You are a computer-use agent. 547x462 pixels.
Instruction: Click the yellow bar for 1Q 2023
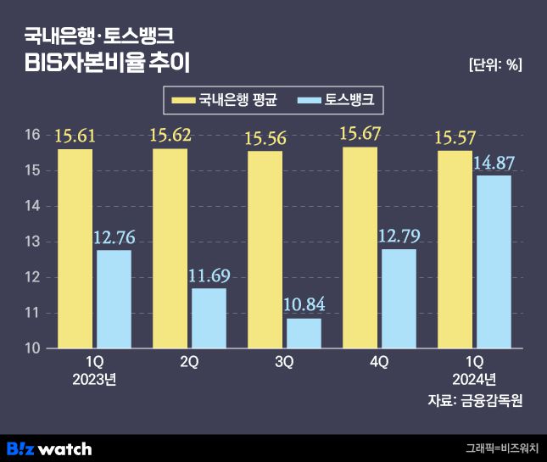pos(75,248)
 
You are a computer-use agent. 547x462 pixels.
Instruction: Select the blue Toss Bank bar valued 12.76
pos(114,298)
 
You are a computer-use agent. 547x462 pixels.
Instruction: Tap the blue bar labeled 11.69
pos(209,318)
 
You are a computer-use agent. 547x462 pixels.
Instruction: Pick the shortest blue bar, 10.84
pos(304,333)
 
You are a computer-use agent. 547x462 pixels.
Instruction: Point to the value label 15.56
pos(265,136)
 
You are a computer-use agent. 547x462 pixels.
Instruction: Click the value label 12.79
pos(398,236)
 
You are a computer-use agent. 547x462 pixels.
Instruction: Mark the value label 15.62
pos(170,134)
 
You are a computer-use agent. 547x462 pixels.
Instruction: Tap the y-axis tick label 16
pos(32,136)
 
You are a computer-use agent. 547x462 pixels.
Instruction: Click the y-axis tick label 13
pos(32,242)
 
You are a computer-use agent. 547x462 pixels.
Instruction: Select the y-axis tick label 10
pos(32,348)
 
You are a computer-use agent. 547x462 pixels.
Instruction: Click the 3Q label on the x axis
pos(284,362)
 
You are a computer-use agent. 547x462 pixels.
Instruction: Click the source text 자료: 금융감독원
pos(475,400)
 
